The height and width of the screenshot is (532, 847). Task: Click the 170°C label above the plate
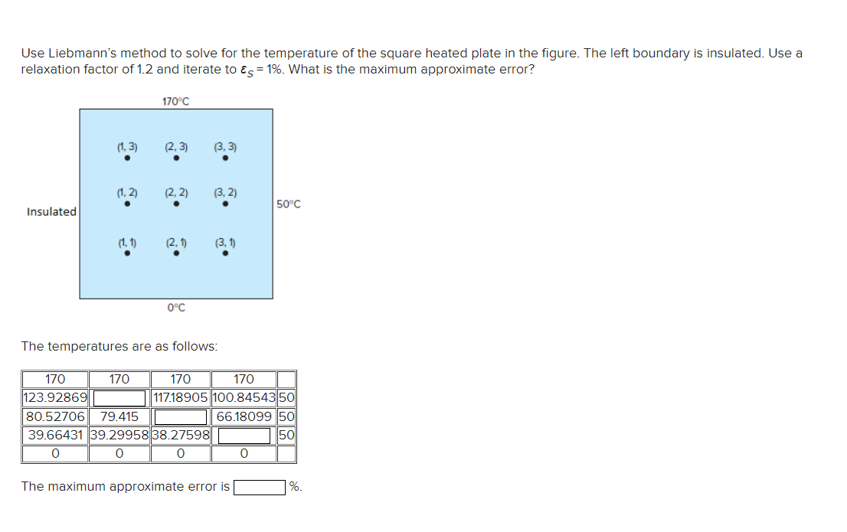[176, 100]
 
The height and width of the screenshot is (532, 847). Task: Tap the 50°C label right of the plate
[288, 204]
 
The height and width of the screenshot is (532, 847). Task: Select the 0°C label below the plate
[176, 308]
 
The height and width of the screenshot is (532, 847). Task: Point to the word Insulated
[51, 211]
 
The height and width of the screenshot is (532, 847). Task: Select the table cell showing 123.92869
[56, 398]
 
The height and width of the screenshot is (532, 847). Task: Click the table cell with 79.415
[119, 417]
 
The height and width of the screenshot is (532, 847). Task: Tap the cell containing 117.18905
[180, 398]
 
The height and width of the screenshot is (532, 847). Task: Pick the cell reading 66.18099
[244, 417]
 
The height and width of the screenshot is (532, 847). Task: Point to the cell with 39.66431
[56, 436]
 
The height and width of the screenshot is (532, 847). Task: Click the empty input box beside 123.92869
[119, 398]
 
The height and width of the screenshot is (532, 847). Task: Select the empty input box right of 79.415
[181, 417]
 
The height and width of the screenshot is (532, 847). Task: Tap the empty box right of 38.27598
[244, 436]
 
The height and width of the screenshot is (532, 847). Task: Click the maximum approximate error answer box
[260, 487]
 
